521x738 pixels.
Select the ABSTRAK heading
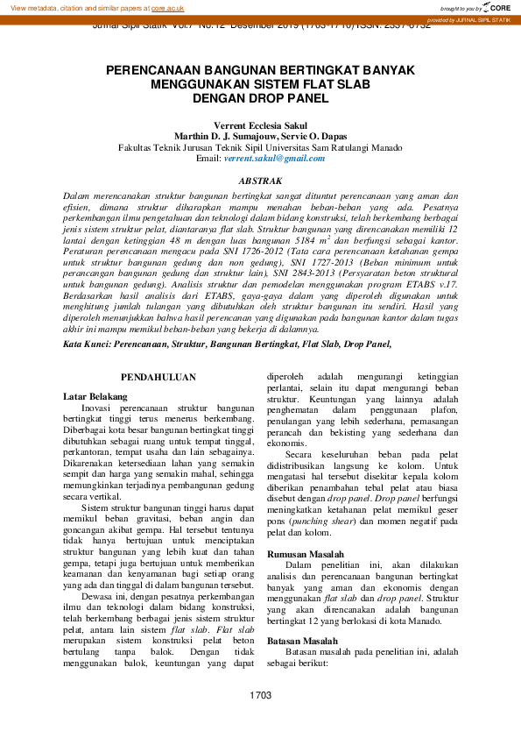tap(260, 181)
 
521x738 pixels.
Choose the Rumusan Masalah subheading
tap(305, 554)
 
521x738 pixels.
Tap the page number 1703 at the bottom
tap(260, 695)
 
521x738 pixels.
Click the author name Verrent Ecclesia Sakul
tap(260, 125)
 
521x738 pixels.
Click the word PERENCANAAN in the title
tap(155, 69)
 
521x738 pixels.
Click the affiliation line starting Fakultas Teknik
tap(260, 148)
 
